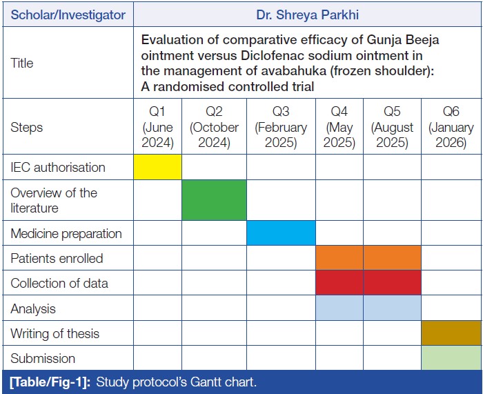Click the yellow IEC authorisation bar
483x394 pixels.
[x=157, y=167]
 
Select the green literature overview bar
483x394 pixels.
[x=214, y=200]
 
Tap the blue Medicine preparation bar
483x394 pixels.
[x=281, y=233]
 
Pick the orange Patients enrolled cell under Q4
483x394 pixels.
[x=339, y=258]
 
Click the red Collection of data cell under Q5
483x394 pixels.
[x=392, y=282]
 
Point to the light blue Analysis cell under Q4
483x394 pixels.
[x=339, y=308]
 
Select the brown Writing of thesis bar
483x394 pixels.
[x=451, y=333]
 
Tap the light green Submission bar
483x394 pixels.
[x=451, y=357]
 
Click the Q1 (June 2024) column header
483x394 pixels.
[x=157, y=127]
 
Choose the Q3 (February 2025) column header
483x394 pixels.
[x=281, y=127]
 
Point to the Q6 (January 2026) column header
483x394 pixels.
[x=451, y=127]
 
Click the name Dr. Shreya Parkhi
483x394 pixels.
[x=308, y=14]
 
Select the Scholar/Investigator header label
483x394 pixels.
[x=68, y=14]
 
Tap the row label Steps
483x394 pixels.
[x=26, y=127]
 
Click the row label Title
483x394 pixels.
[x=22, y=63]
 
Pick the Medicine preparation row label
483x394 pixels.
[x=66, y=233]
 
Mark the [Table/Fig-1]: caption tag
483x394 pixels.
[x=50, y=382]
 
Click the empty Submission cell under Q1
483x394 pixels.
[x=157, y=357]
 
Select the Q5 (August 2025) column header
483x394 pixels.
[x=392, y=127]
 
